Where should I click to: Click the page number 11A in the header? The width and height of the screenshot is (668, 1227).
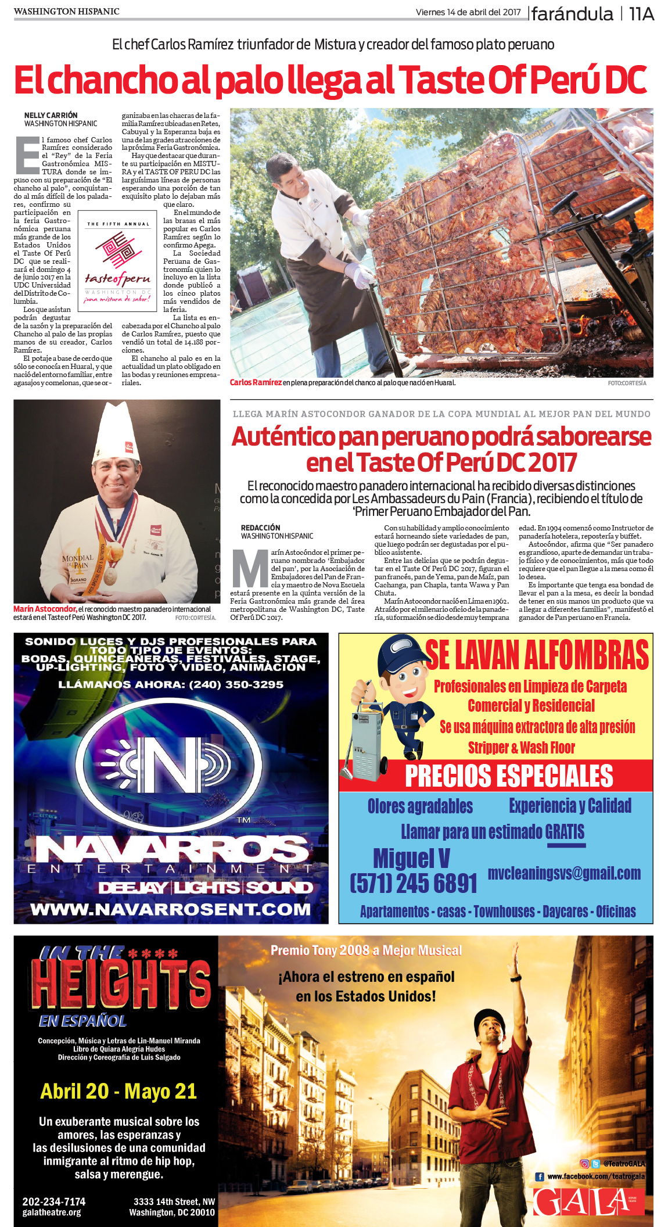pos(641,14)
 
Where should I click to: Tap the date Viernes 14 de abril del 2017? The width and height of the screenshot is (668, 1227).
pos(468,12)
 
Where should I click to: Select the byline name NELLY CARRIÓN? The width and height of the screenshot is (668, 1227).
pos(51,115)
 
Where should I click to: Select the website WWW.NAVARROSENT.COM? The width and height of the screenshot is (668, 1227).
pos(171,909)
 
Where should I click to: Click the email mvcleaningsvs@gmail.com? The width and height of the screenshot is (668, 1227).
pos(564,873)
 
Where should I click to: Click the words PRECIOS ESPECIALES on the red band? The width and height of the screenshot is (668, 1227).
pos(508,776)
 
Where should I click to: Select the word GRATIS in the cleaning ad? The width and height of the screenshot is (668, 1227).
pos(565,832)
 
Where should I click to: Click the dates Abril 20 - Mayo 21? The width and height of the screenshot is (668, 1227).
pos(118,1091)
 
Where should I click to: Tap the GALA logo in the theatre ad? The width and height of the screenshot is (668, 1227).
pos(581,1201)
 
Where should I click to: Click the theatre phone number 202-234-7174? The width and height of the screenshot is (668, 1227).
pos(54,1201)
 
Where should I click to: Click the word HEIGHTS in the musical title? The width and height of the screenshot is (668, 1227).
pos(121,983)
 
